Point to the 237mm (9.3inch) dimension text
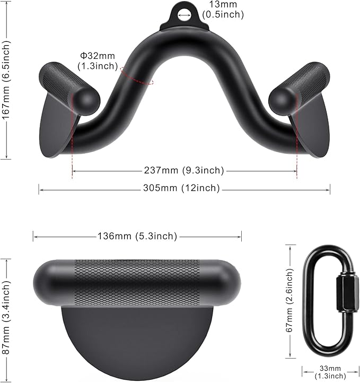click(x=184, y=170)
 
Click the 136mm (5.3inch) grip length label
click(x=137, y=236)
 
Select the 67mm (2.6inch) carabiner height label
click(x=290, y=301)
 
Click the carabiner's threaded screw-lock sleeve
click(x=338, y=294)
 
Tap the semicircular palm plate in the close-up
click(x=137, y=340)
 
